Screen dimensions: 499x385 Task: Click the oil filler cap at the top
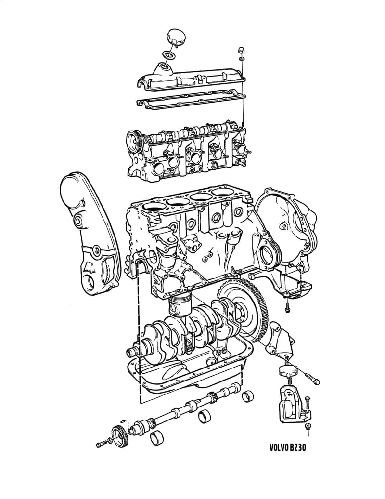(175, 39)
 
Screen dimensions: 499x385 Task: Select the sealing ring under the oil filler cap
(167, 54)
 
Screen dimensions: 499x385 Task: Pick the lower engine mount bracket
(289, 405)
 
